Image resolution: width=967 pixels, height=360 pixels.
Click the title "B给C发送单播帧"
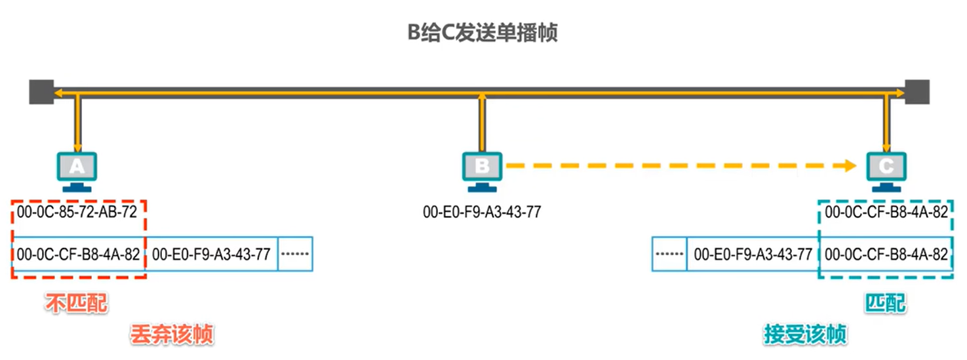[483, 33]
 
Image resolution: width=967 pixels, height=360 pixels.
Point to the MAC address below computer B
[482, 212]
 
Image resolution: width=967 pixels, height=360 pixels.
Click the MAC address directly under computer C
[886, 212]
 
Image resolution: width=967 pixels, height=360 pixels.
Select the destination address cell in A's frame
[79, 254]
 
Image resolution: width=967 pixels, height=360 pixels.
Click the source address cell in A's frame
[211, 254]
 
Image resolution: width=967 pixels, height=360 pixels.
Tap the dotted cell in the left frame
[296, 254]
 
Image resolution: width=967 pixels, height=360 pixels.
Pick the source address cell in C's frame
[753, 254]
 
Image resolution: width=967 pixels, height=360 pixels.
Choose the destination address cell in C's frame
[886, 254]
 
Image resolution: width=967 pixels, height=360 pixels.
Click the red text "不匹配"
[76, 303]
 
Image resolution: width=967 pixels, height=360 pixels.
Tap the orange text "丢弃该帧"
[172, 335]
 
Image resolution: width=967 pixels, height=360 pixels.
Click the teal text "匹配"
[886, 303]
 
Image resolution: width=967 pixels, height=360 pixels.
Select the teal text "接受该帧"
[805, 335]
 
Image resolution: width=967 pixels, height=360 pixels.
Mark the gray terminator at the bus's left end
[41, 92]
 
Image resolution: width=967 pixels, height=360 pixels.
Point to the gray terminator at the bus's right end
[917, 92]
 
